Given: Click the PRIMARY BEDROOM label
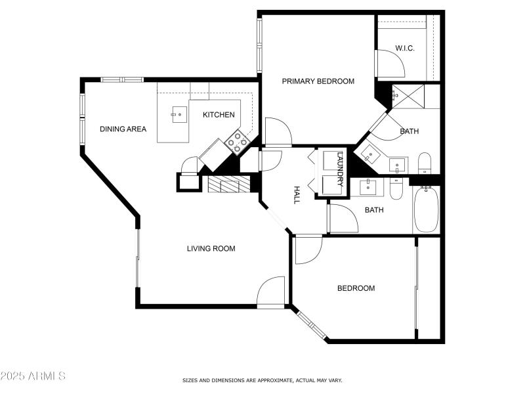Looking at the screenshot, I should tap(318, 81).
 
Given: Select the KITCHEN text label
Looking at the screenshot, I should tap(219, 115).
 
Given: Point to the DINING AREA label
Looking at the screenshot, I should tap(123, 129).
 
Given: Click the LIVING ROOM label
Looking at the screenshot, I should tap(211, 248).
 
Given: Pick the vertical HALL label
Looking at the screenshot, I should tap(296, 194).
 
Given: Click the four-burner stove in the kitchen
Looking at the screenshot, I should tap(238, 139).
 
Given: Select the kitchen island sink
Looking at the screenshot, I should tap(178, 114).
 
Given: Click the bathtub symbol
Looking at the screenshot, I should tap(426, 209).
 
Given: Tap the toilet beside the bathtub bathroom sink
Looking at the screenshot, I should tap(396, 189).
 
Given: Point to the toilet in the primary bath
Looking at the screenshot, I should tap(424, 162).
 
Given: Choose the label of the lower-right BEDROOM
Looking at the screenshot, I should tap(356, 288).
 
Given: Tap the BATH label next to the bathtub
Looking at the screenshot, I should tap(374, 210).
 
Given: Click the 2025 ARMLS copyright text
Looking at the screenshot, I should tap(33, 376).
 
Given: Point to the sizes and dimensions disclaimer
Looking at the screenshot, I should tap(262, 380).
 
